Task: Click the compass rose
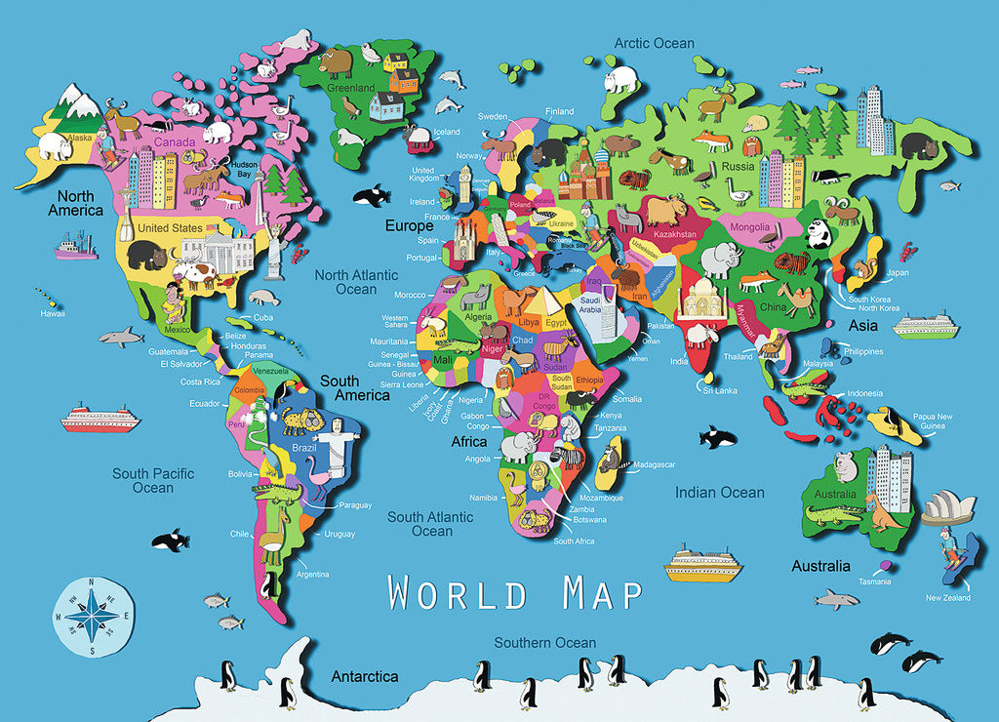click(93, 617)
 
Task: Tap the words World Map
click(515, 592)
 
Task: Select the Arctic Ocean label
click(654, 43)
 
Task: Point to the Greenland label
click(351, 88)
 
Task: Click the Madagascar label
click(655, 464)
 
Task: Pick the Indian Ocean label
click(720, 493)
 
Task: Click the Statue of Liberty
click(275, 248)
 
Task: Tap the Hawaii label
click(53, 314)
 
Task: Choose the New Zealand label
click(947, 597)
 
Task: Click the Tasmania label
click(874, 582)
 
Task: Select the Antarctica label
click(365, 676)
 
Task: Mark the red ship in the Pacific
click(100, 420)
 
